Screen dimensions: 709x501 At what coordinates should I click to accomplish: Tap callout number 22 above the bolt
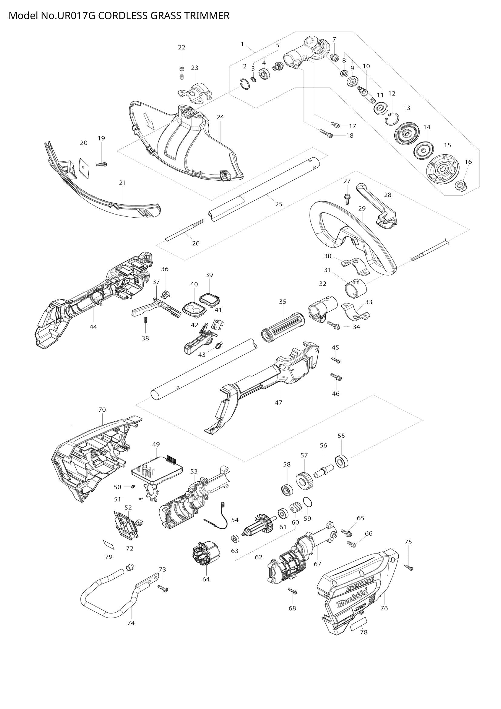(182, 48)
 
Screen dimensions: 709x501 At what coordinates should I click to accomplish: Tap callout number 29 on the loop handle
(362, 209)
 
